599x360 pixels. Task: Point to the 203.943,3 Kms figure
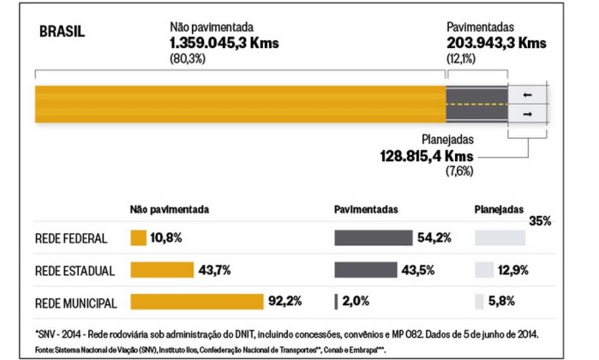497,42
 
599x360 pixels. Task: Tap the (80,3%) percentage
189,57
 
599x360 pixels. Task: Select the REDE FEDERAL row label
72,238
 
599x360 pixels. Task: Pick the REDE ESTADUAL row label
75,271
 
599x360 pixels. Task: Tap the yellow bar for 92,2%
195,302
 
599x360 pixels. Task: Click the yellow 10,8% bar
138,238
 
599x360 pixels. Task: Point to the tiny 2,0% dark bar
337,302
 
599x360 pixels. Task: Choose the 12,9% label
512,270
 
